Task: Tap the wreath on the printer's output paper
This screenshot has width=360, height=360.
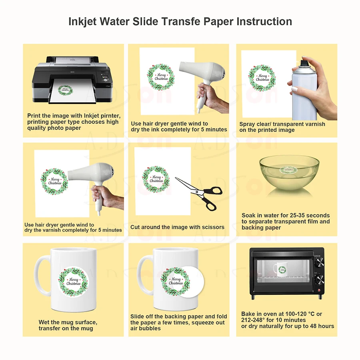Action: click(x=65, y=89)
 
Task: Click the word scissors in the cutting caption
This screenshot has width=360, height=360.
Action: click(x=213, y=227)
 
